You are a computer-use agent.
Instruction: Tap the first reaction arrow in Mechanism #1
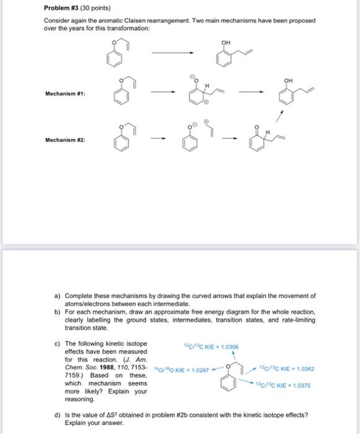tap(160, 94)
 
